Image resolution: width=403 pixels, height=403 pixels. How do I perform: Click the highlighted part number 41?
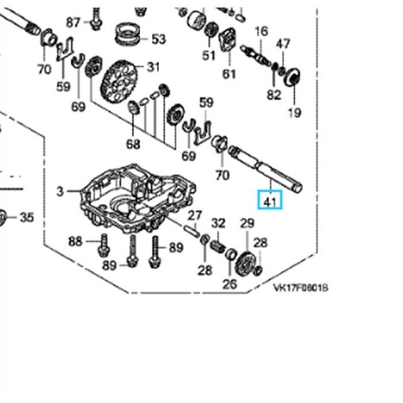pyautogui.click(x=271, y=202)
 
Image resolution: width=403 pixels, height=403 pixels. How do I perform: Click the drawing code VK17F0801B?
pyautogui.click(x=301, y=288)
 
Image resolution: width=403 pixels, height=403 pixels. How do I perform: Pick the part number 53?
pyautogui.click(x=159, y=39)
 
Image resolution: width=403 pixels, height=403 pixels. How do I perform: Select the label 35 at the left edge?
pyautogui.click(x=27, y=216)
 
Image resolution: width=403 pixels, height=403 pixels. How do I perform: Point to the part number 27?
pyautogui.click(x=194, y=216)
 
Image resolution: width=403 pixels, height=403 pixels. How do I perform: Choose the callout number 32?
pyautogui.click(x=219, y=223)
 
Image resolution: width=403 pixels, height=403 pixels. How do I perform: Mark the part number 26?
pyautogui.click(x=230, y=283)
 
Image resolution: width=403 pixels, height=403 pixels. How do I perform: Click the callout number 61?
pyautogui.click(x=229, y=74)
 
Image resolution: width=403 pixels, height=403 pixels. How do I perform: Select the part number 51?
pyautogui.click(x=209, y=55)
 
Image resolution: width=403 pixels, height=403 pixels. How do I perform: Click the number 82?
pyautogui.click(x=273, y=94)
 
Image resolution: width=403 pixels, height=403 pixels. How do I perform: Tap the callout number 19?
pyautogui.click(x=294, y=113)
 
